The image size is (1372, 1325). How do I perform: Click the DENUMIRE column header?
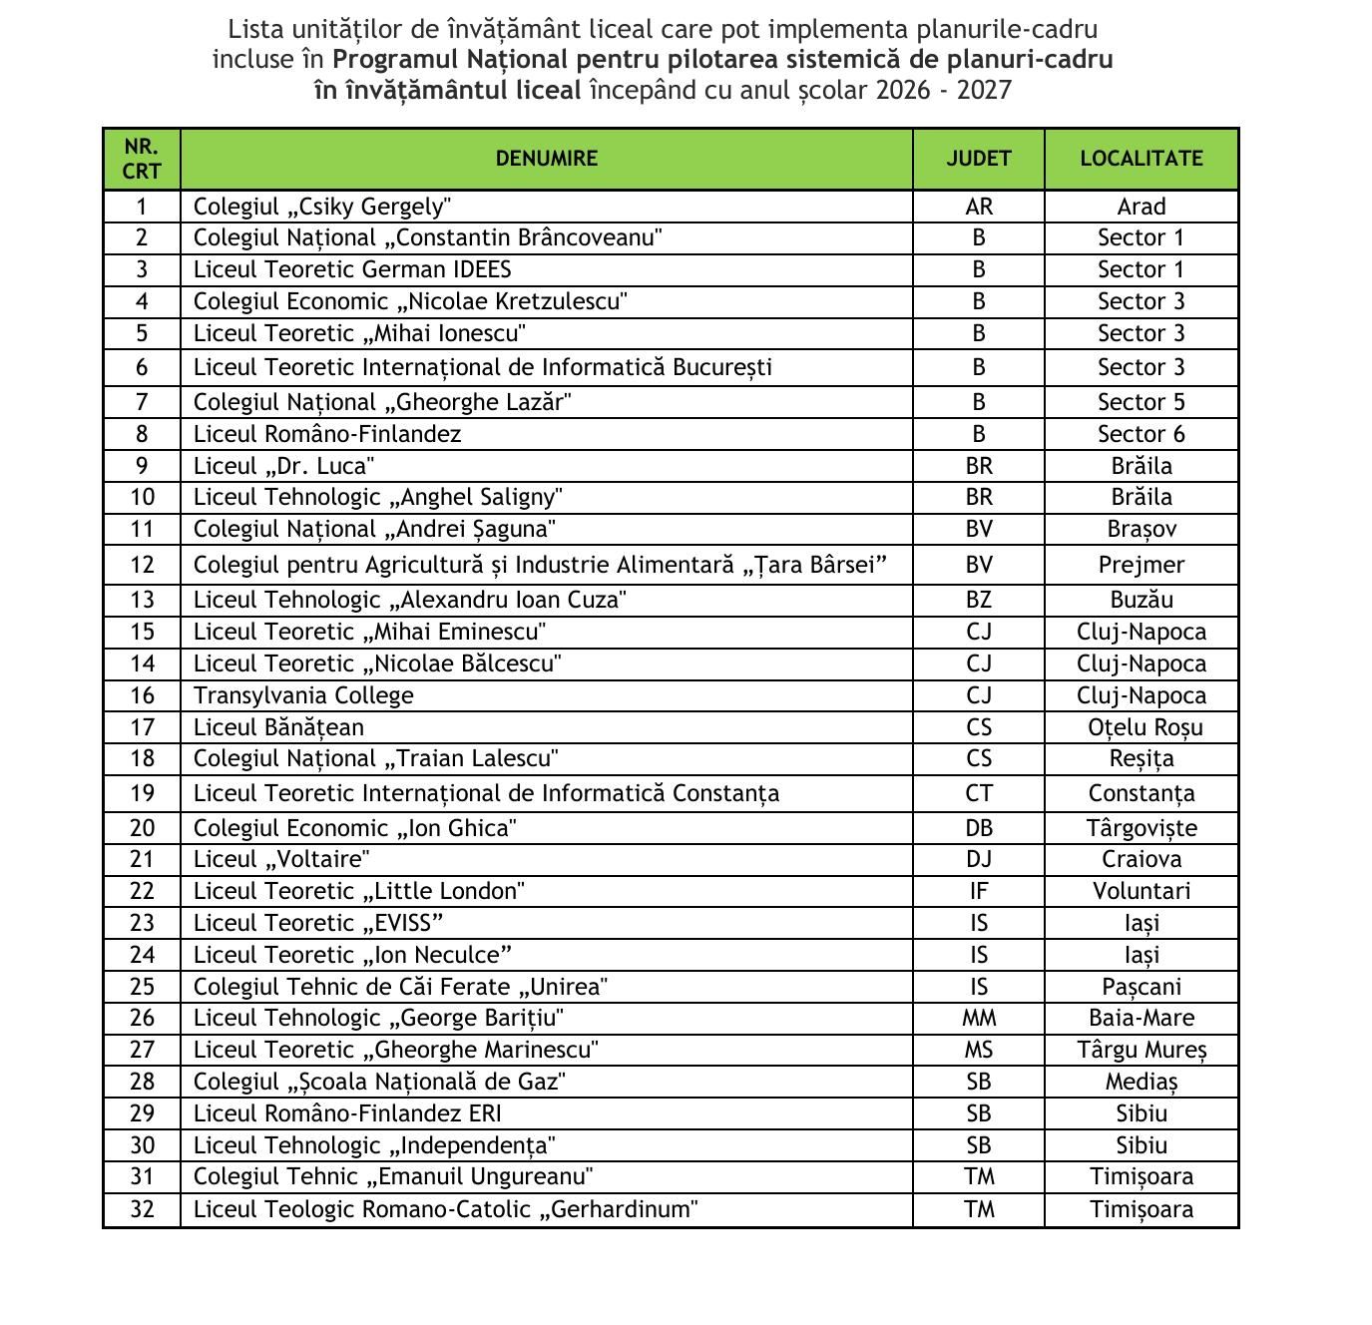point(546,159)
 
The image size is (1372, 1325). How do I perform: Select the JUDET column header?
point(978,159)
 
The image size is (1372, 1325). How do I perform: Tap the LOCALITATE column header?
point(1141,159)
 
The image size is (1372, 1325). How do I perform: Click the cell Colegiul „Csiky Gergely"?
point(322,207)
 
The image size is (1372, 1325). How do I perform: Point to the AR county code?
point(978,207)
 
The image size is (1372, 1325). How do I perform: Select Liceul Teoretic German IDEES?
point(352,269)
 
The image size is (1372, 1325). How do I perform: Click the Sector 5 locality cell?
point(1141,402)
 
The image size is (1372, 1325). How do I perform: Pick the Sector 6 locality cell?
point(1141,434)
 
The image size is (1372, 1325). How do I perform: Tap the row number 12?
point(142,565)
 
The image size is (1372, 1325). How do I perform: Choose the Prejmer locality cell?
point(1141,565)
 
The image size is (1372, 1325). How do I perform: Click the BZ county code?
point(978,600)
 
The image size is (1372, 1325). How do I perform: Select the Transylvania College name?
point(303,695)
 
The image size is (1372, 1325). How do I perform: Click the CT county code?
point(978,793)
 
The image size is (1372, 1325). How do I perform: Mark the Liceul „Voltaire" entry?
point(281,859)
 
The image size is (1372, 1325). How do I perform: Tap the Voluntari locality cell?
point(1141,891)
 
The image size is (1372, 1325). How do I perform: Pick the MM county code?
point(978,1018)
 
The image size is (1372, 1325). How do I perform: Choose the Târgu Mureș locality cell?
point(1141,1050)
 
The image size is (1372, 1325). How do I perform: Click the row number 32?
point(142,1209)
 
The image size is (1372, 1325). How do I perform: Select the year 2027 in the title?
point(984,91)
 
